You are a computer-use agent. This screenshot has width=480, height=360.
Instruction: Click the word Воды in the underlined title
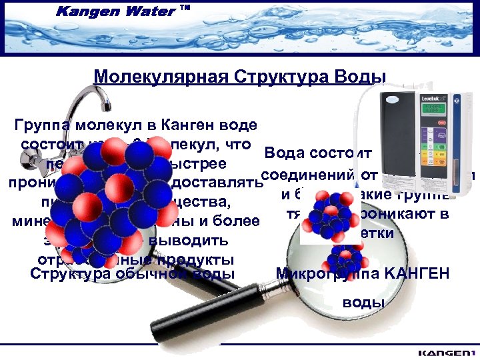[361, 77]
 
